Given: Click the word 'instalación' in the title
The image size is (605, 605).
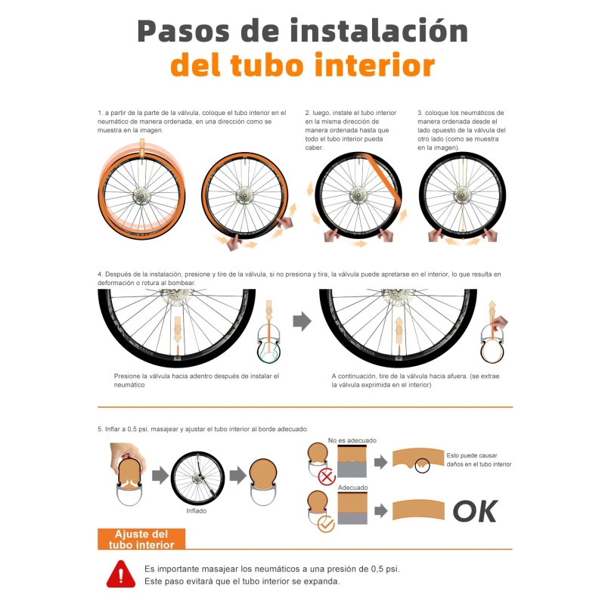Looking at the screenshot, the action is coord(380,30).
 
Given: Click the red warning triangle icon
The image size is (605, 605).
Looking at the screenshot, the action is coord(121,574).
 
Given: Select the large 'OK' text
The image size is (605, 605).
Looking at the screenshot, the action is coord(476,511).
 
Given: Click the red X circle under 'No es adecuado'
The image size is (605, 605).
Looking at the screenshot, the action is coord(327,477).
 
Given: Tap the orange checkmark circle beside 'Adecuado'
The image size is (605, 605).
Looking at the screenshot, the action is coord(326,524).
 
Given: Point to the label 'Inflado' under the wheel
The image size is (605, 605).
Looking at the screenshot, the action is coord(197,511).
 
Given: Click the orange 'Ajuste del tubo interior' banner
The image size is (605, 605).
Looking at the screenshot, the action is coord(141,539).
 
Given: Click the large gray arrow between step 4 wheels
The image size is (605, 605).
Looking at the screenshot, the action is coord(302,321).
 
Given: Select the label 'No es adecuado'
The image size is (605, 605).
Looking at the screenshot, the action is coord(352,440).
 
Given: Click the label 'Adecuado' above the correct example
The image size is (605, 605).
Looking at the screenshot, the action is coord(352,488).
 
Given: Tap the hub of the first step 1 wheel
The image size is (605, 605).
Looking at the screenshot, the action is coord(141,196).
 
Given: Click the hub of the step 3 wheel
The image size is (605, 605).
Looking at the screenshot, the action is coord(462,195).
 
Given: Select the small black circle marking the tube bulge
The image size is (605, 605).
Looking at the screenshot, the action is coord(423,466).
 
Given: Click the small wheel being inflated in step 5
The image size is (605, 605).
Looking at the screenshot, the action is coord(197,479).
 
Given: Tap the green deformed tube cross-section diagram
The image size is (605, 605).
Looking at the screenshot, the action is coord(268,351).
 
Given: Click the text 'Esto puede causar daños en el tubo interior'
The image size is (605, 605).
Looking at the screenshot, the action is coord(479,460).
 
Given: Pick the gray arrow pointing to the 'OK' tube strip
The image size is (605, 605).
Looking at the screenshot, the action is coord(381,511).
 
